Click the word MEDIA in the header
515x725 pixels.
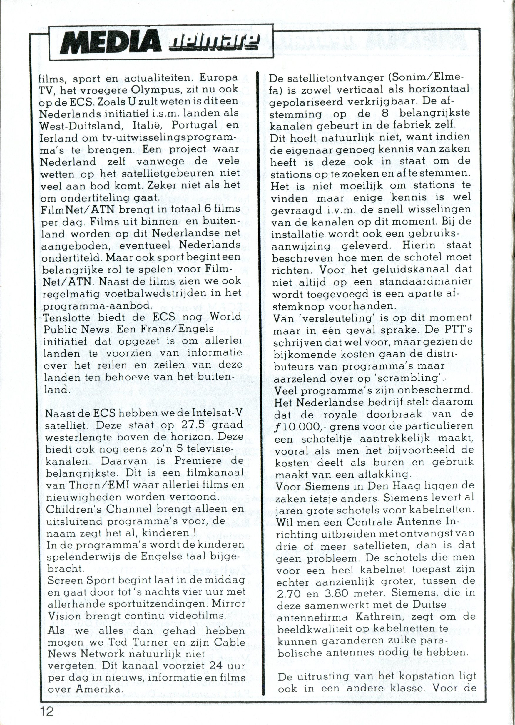pyautogui.click(x=111, y=44)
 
